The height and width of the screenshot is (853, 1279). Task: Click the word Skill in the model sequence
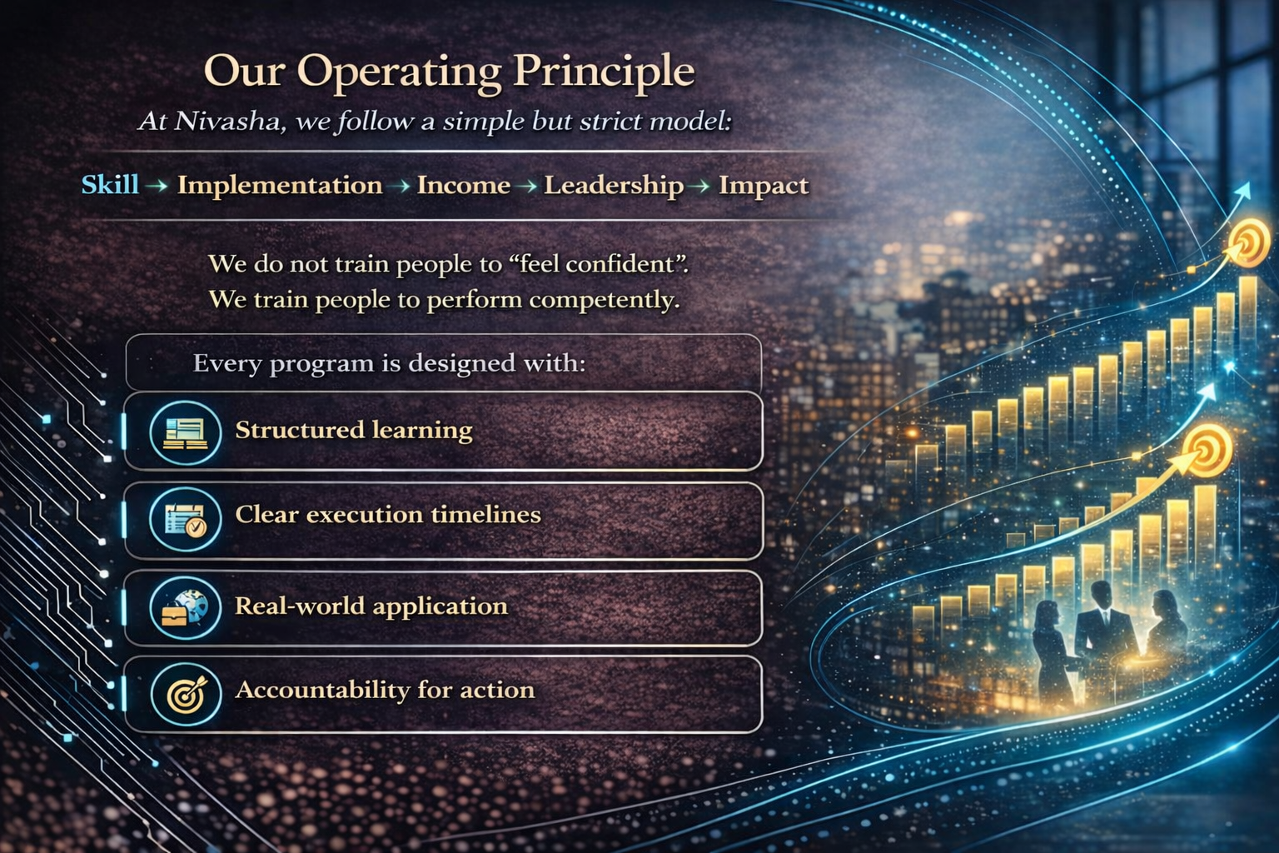(x=110, y=185)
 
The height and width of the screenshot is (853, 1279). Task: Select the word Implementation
(x=280, y=186)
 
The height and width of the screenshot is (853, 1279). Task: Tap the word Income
(x=463, y=185)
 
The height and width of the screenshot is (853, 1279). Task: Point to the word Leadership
(x=613, y=186)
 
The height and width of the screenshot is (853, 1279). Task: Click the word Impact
(x=764, y=186)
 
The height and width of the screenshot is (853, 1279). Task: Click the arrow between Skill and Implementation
(x=157, y=186)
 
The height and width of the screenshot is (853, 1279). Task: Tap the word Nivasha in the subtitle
(x=226, y=121)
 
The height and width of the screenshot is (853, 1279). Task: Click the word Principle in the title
(x=604, y=72)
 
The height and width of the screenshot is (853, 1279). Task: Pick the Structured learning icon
(x=185, y=432)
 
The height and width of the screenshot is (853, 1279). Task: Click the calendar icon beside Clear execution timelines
(x=185, y=519)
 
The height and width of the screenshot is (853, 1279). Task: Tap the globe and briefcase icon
(x=185, y=607)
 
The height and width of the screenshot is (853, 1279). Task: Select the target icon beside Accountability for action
(x=186, y=694)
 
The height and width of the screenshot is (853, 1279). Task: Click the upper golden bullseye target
(x=1249, y=242)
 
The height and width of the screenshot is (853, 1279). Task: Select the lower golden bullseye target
(x=1206, y=451)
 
